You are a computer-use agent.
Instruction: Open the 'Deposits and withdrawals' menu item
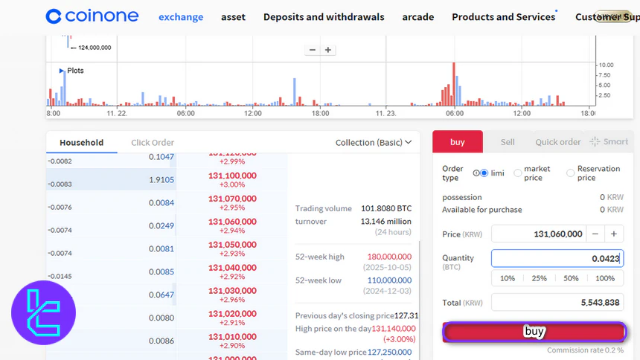coord(324,16)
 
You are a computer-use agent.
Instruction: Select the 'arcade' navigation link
coord(417,16)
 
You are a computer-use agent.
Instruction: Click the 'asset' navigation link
coord(233,16)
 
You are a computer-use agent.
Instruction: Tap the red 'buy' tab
coord(458,142)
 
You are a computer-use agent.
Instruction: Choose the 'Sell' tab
coord(508,142)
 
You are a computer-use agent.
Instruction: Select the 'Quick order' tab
coord(558,142)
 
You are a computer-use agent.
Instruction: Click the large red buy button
coord(534,332)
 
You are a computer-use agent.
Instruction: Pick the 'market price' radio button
coord(518,173)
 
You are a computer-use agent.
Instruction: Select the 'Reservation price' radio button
coord(571,173)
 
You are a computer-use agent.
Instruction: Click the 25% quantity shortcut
coord(540,278)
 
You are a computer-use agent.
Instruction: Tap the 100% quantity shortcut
coord(605,278)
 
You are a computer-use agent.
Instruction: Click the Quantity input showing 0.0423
coord(557,258)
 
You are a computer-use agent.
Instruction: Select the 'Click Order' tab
coord(153,143)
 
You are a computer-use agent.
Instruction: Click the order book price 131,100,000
coord(232,176)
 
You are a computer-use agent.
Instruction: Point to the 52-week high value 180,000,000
coord(386,257)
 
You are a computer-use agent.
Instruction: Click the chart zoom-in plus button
coord(328,50)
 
